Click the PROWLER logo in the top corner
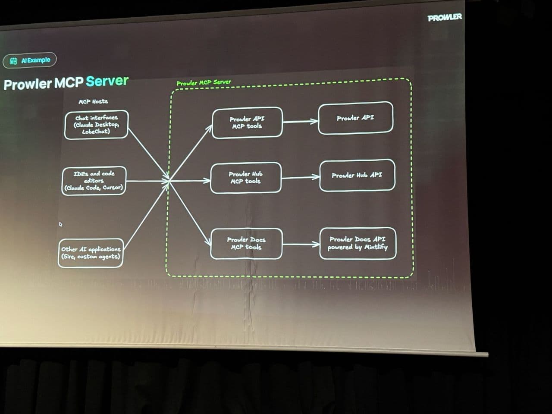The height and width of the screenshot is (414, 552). (x=445, y=18)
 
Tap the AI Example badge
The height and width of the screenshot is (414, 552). (x=30, y=60)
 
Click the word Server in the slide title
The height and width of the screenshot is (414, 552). (x=107, y=81)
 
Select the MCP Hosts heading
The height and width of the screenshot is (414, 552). (x=93, y=101)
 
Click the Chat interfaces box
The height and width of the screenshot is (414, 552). (x=96, y=125)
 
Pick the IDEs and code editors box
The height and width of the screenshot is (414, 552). (x=94, y=181)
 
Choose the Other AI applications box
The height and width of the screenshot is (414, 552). (x=91, y=253)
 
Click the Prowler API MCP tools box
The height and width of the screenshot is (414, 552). (x=247, y=122)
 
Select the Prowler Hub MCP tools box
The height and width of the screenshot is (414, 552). (x=245, y=178)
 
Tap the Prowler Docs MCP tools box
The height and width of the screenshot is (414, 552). (x=246, y=243)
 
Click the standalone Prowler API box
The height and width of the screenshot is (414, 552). (x=355, y=118)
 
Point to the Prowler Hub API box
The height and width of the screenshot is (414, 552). (x=357, y=175)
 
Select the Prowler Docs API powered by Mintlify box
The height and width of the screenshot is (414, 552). (x=358, y=243)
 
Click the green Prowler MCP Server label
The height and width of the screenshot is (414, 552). (x=204, y=82)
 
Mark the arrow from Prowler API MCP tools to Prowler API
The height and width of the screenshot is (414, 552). (x=300, y=121)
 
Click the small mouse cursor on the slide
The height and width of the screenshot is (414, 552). (x=60, y=224)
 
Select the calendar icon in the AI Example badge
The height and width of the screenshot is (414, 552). (x=13, y=61)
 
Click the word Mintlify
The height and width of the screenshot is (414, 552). (x=376, y=247)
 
